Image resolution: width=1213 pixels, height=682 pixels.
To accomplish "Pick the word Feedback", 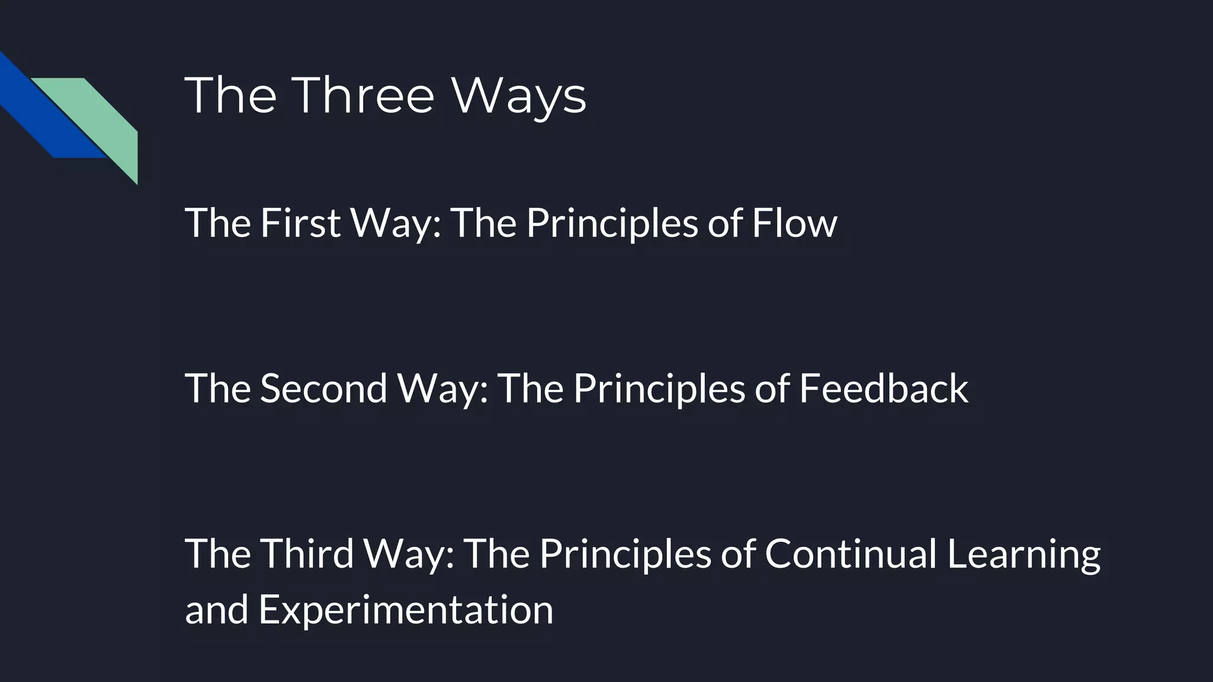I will point(884,388).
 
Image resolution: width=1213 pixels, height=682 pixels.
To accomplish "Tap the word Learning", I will point(1023,554).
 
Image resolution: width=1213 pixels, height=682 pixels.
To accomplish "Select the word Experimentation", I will point(406,610).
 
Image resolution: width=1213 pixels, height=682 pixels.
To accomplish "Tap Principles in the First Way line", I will point(612,224).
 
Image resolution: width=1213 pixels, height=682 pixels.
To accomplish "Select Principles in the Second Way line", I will point(659,390).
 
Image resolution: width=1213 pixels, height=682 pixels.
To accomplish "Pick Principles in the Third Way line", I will point(625,554).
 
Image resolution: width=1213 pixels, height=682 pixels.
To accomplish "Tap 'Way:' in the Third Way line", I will point(409,554).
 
